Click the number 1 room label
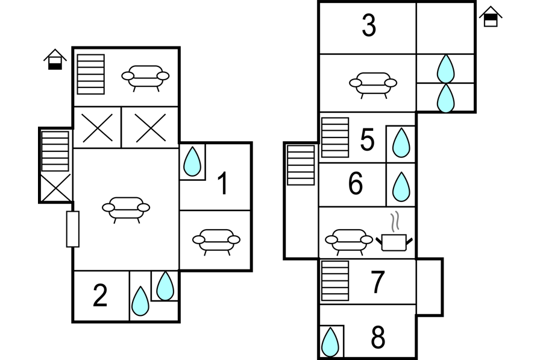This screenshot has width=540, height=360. pyautogui.click(x=223, y=184)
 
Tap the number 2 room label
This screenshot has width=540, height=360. pyautogui.click(x=100, y=295)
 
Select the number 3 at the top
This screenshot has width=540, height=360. pyautogui.click(x=369, y=26)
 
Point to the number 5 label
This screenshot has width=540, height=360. pyautogui.click(x=367, y=141)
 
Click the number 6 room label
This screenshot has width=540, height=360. pyautogui.click(x=356, y=184)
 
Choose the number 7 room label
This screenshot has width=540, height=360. pyautogui.click(x=377, y=282)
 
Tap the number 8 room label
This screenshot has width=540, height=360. pyautogui.click(x=378, y=338)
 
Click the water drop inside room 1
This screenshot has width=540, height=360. pyautogui.click(x=192, y=162)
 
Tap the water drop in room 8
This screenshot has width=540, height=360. pyautogui.click(x=330, y=343)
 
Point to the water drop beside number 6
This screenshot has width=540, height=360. pyautogui.click(x=401, y=187)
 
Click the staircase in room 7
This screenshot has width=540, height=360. pyautogui.click(x=335, y=280)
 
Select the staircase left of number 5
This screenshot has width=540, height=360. pyautogui.click(x=335, y=137)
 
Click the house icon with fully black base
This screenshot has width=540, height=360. pyautogui.click(x=55, y=60)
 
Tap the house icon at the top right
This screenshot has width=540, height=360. pyautogui.click(x=491, y=17)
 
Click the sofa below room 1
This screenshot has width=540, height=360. pyautogui.click(x=216, y=240)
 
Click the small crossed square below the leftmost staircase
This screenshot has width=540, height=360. pyautogui.click(x=56, y=188)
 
